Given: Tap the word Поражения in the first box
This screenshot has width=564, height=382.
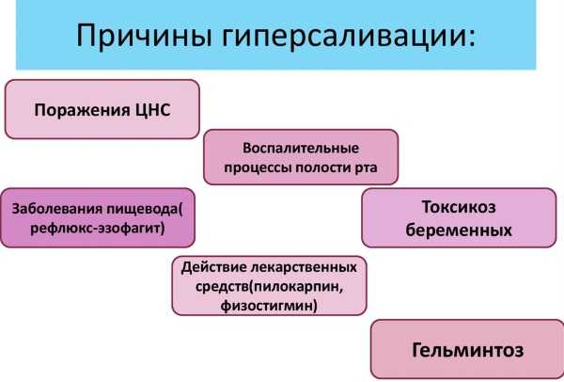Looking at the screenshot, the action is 83,110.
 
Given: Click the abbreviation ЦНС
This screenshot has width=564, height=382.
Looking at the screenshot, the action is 153,110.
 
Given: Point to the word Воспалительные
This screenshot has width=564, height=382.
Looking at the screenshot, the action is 301,149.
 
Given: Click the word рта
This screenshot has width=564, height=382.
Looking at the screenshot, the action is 367,168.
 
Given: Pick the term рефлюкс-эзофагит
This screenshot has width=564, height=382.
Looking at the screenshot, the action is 97,229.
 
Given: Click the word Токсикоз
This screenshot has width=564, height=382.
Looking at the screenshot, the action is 459,207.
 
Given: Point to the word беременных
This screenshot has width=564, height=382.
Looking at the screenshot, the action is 459,231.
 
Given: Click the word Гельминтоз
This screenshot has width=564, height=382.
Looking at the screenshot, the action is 467,350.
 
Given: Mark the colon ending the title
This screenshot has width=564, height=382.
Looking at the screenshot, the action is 471,39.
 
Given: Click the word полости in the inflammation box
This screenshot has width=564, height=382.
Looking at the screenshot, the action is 321,168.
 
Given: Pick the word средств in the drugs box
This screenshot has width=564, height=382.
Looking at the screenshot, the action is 222,287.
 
